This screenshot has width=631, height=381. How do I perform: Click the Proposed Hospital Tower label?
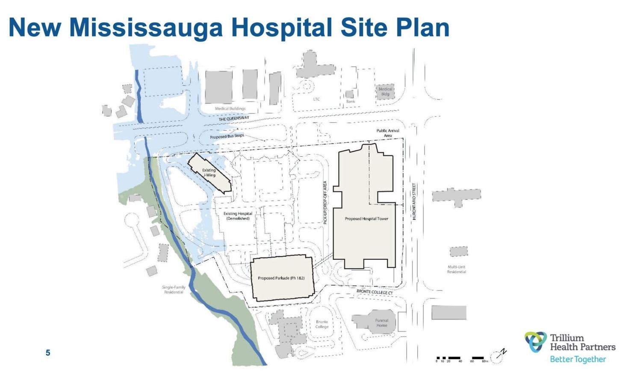366,219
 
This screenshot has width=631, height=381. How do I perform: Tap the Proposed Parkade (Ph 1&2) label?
281,278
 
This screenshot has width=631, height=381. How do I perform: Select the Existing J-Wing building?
209,173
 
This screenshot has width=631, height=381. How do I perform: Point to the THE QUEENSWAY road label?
234,118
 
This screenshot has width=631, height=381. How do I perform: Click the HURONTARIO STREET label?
414,202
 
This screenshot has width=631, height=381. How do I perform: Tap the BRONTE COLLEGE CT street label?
374,292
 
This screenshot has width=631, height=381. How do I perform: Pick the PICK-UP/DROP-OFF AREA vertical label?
325,202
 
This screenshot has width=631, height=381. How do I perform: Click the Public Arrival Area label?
388,133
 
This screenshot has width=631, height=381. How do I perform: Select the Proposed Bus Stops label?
227,136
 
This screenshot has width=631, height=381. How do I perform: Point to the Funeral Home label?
381,323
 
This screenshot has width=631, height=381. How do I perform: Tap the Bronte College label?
322,324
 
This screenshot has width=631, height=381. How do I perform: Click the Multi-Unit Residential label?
457,269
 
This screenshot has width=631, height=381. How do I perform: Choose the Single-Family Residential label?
174,290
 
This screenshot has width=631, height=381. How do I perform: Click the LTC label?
316,99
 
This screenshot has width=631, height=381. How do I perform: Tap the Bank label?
351,101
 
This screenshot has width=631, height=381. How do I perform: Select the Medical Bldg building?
385,92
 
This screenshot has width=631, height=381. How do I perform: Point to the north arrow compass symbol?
498,355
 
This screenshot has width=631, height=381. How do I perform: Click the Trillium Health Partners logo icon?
536,342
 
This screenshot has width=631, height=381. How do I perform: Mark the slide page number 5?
48,353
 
